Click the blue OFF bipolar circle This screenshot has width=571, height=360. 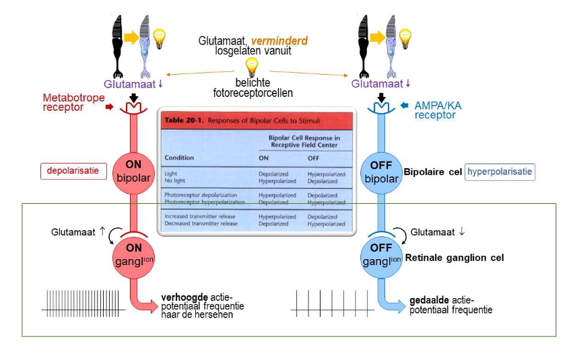(x=381, y=174)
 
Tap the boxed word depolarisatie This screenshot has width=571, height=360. (x=73, y=171)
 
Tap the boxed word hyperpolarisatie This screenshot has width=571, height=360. (x=500, y=172)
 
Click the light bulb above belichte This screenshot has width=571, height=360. (x=251, y=67)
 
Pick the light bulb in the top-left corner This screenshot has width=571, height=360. (x=160, y=38)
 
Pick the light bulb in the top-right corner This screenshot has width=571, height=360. (x=407, y=38)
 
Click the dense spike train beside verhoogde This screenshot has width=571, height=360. (x=83, y=303)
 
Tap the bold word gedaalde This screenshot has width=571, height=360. (x=428, y=301)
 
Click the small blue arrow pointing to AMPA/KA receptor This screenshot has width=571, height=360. (x=405, y=106)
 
